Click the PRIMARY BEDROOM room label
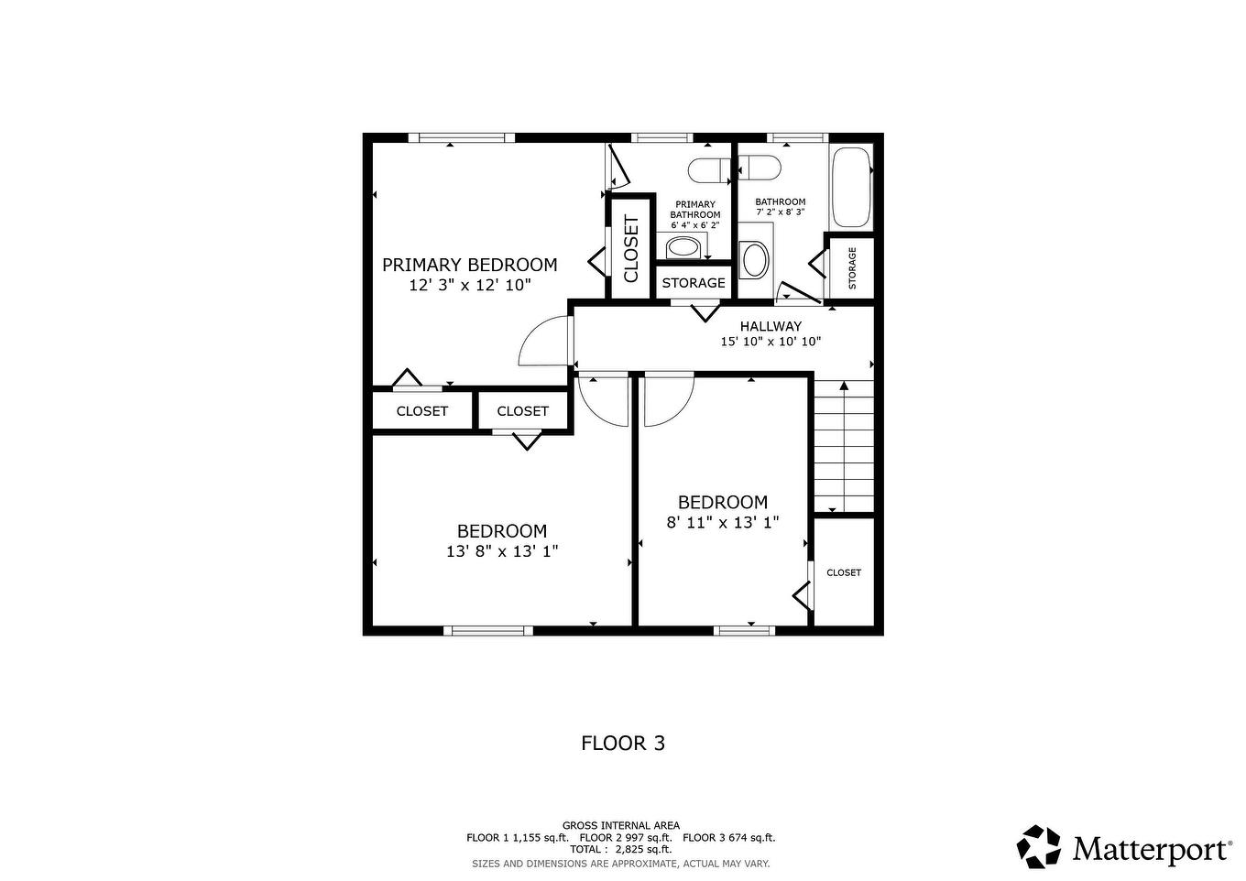pyautogui.click(x=469, y=265)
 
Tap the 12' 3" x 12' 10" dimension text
pyautogui.click(x=470, y=286)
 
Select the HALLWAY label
pyautogui.click(x=771, y=326)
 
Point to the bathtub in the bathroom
pyautogui.click(x=850, y=187)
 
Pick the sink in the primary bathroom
pyautogui.click(x=683, y=247)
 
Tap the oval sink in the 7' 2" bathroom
pyautogui.click(x=754, y=260)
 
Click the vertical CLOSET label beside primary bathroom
pyautogui.click(x=631, y=248)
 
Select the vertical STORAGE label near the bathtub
pyautogui.click(x=852, y=268)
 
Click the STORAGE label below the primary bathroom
pyautogui.click(x=693, y=283)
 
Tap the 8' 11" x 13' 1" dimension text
pyautogui.click(x=723, y=523)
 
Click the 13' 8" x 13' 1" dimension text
pyautogui.click(x=502, y=551)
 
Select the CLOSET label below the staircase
pyautogui.click(x=844, y=572)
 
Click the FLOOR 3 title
pyautogui.click(x=623, y=743)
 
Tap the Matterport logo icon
pyautogui.click(x=1039, y=847)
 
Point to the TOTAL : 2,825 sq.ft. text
pyautogui.click(x=621, y=849)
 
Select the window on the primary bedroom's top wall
pyautogui.click(x=462, y=138)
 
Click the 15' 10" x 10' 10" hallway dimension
pyautogui.click(x=771, y=342)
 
